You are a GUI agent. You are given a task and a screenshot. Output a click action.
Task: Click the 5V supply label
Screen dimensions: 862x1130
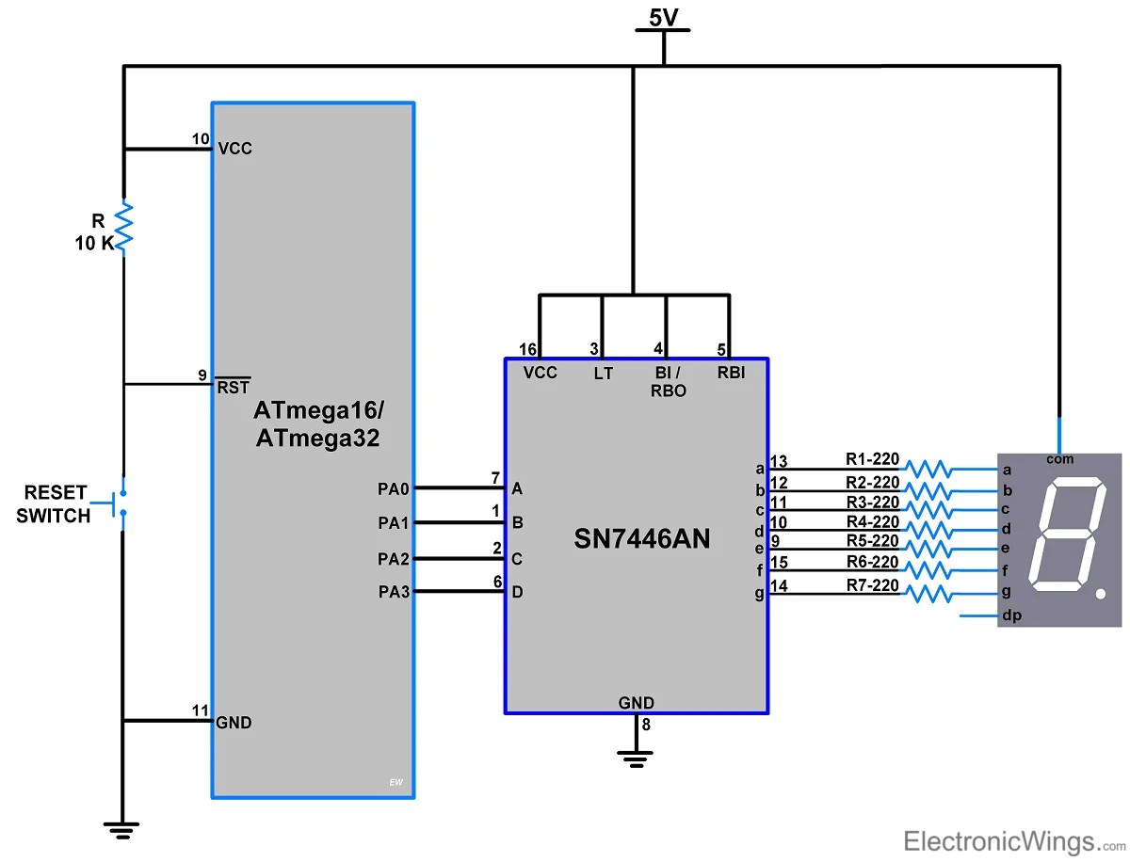[x=663, y=17]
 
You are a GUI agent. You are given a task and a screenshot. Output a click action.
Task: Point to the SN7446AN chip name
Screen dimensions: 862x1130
[x=641, y=538]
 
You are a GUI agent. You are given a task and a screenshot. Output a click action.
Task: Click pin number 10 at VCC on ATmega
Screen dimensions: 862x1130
[x=201, y=139]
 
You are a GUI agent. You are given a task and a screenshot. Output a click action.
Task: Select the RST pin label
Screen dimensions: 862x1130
[x=234, y=387]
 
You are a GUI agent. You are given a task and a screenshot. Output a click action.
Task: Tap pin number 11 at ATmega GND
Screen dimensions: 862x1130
[x=200, y=710]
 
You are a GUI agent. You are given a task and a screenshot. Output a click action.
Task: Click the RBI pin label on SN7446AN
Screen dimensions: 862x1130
[x=730, y=373]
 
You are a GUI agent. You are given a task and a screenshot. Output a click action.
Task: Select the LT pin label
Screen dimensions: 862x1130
[x=604, y=374]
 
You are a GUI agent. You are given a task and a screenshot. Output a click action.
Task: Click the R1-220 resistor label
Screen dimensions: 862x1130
[x=872, y=460]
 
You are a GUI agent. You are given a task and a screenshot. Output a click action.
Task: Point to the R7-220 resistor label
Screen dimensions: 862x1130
[x=872, y=584]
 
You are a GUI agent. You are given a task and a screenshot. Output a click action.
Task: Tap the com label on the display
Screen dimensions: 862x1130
[x=1059, y=459]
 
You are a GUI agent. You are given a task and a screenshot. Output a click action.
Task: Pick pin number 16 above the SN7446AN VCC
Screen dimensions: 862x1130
[x=528, y=349]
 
